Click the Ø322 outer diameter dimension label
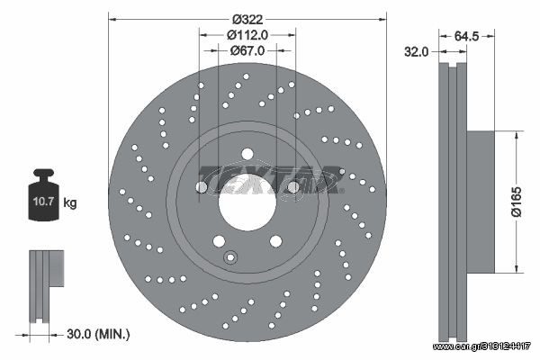[x=247, y=19]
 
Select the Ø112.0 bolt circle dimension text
[x=247, y=35]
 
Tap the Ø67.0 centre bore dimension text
[x=247, y=50]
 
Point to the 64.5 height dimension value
[x=466, y=36]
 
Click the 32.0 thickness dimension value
[x=416, y=51]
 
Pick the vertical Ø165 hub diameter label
[x=516, y=202]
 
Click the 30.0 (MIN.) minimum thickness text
[x=98, y=334]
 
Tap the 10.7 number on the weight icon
[x=43, y=202]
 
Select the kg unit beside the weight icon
[x=70, y=202]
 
